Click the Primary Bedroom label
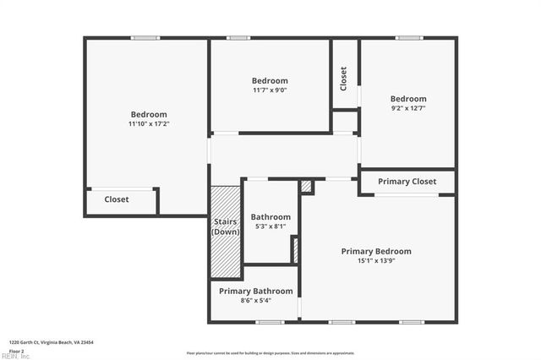[x=376, y=251]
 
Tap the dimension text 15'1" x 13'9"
[x=376, y=260]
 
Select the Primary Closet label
[x=407, y=182]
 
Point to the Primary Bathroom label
[x=256, y=292]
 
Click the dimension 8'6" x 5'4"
[x=256, y=301]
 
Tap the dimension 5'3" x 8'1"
[x=270, y=226]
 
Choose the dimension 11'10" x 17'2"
[x=149, y=124]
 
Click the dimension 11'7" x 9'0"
[x=270, y=90]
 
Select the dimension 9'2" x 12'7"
[x=408, y=107]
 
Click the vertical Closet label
[x=344, y=79]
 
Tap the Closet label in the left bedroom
[x=117, y=200]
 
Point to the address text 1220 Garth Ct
[x=51, y=342]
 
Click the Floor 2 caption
[x=17, y=350]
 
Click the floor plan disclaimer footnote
[x=270, y=353]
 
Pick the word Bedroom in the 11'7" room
[x=270, y=81]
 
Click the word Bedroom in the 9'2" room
[x=408, y=98]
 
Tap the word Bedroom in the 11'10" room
[x=149, y=115]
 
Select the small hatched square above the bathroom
[x=306, y=186]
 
